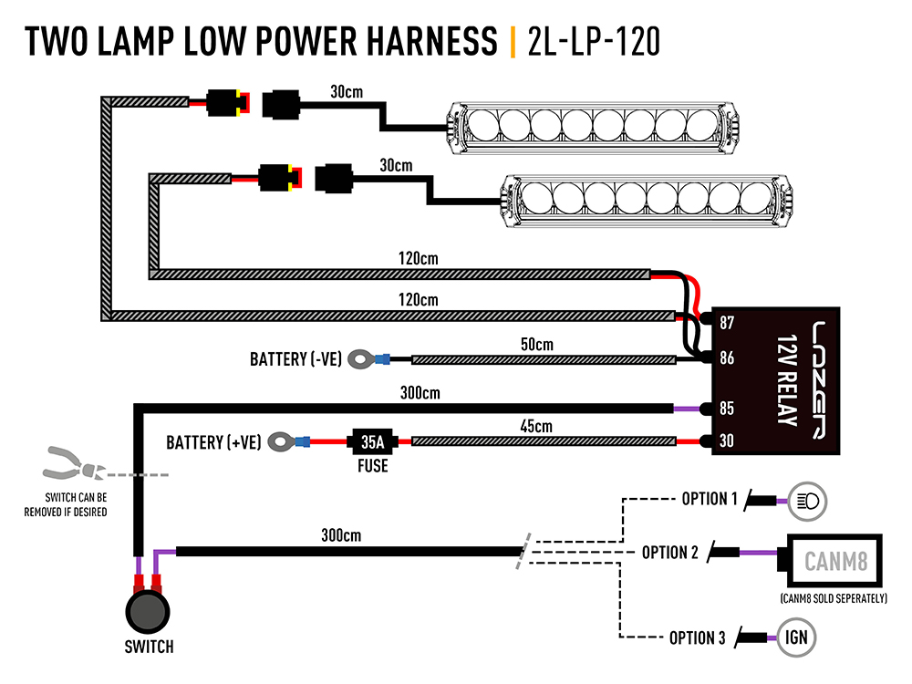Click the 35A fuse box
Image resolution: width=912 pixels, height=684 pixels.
[x=372, y=442]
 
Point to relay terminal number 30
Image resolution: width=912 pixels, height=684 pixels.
[x=727, y=442]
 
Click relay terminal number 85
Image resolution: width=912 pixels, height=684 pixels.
[x=727, y=408]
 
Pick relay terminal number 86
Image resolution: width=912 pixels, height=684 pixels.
[x=727, y=358]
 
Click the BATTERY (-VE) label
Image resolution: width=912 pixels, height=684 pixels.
[x=295, y=359]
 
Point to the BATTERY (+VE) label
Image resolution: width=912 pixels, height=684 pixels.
[x=213, y=443]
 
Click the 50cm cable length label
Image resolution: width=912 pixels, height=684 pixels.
[x=537, y=345]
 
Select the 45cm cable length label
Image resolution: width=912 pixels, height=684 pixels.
[x=537, y=427]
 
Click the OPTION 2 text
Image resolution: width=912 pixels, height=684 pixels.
[x=670, y=553]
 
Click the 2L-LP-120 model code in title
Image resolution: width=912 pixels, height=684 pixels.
[x=593, y=42]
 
